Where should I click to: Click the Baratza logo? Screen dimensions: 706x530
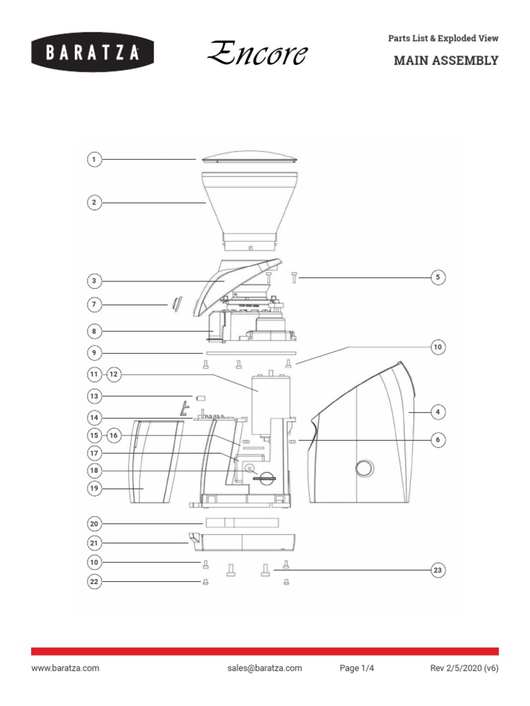(91, 52)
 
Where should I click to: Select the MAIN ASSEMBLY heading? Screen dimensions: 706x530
(445, 61)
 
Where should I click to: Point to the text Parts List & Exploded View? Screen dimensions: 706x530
(443, 39)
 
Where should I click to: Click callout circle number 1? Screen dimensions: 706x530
(94, 160)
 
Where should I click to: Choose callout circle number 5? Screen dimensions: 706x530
(437, 278)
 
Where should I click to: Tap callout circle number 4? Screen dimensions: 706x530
(437, 412)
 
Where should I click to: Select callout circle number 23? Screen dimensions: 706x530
(437, 570)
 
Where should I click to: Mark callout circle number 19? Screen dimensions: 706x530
(94, 488)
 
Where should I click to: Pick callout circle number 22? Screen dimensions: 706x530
(94, 582)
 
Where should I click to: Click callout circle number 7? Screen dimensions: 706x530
(94, 304)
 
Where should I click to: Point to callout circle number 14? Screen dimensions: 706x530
(94, 418)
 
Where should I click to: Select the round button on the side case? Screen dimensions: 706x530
(364, 469)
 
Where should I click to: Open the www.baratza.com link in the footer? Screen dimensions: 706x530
(65, 668)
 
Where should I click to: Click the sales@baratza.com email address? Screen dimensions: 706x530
(264, 668)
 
